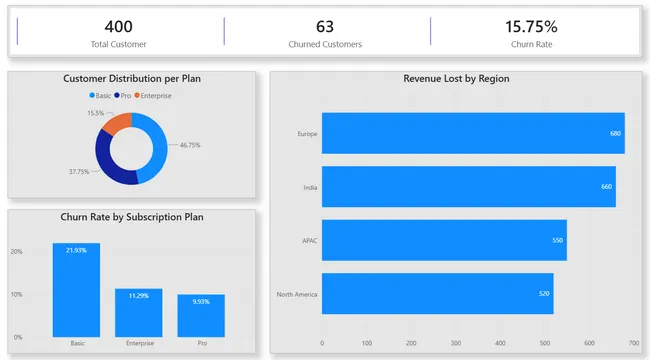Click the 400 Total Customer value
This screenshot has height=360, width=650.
(x=117, y=27)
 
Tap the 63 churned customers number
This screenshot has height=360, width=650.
(x=324, y=27)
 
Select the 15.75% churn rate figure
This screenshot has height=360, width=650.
(x=531, y=27)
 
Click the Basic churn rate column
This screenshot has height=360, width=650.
(x=77, y=290)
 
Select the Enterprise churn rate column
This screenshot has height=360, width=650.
(x=139, y=312)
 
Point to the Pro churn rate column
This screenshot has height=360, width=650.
(x=201, y=315)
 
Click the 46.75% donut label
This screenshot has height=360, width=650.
(x=190, y=145)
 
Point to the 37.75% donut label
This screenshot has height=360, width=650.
(x=79, y=172)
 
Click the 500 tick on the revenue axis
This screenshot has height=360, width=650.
(x=545, y=343)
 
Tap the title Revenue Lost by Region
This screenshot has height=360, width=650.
(x=456, y=78)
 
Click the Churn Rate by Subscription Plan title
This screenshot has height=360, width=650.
(x=132, y=217)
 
